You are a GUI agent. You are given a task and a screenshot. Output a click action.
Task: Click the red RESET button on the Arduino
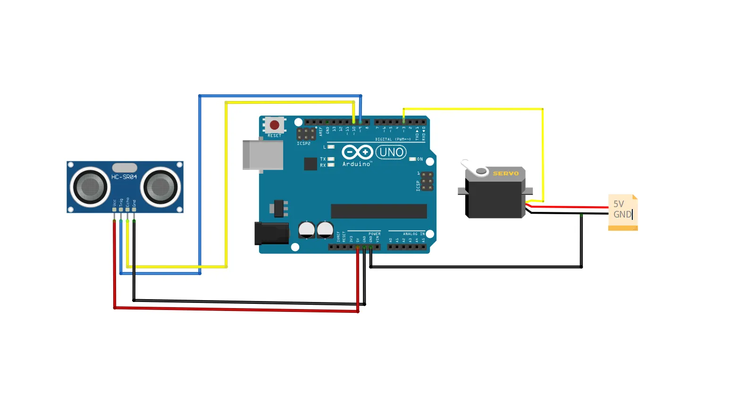[274, 126]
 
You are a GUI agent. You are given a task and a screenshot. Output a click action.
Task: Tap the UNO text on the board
[391, 152]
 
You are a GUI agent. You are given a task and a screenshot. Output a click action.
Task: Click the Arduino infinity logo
[357, 152]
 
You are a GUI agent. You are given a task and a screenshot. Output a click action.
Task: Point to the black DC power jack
[271, 233]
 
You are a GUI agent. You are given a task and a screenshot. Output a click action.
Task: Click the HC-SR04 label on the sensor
[124, 177]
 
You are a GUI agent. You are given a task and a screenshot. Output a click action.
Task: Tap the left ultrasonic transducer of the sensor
[90, 187]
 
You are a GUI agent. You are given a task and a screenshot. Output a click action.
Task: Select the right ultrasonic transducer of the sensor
[160, 187]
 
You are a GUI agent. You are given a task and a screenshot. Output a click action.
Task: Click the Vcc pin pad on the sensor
[114, 209]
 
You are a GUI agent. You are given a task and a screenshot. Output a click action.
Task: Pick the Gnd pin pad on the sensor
[134, 209]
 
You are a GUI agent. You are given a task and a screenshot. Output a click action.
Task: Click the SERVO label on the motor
[505, 174]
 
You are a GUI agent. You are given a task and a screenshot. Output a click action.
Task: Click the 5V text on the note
[619, 204]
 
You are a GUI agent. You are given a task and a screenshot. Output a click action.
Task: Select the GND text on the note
[622, 214]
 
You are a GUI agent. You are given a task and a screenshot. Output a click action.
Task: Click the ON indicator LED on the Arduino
[412, 159]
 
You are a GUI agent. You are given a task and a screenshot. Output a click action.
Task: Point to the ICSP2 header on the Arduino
[306, 134]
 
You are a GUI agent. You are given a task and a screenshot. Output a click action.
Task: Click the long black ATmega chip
[379, 211]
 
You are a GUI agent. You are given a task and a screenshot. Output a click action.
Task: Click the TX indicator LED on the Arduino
[331, 159]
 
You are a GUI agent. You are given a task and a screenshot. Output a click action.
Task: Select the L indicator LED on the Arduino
[331, 147]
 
